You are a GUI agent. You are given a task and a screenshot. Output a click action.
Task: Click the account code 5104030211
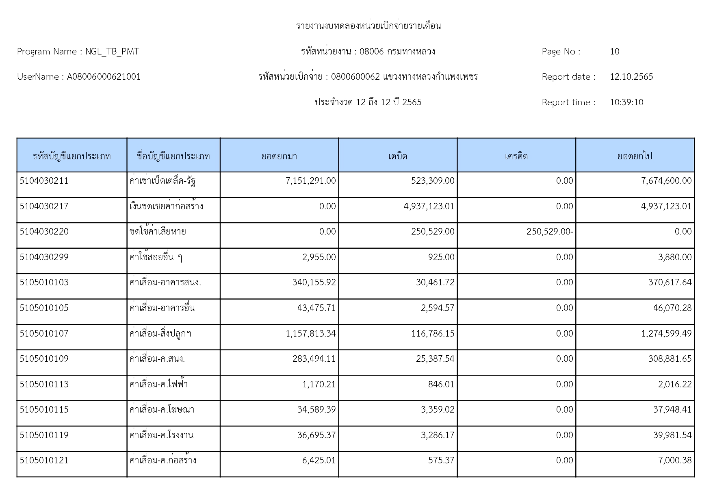point(44,181)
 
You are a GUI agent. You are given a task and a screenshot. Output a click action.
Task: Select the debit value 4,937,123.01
point(429,206)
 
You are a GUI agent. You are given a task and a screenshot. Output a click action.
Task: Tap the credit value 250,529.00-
point(549,232)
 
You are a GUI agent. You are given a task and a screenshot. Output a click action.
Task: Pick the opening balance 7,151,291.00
point(310,181)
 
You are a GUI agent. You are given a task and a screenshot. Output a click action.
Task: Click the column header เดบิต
point(397,156)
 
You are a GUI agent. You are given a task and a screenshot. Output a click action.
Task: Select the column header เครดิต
point(516,156)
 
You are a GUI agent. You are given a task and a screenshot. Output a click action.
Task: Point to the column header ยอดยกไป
point(635,156)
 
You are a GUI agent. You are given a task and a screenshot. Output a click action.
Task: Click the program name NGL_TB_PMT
point(112,52)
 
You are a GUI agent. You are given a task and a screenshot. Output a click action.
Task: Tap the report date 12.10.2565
point(631,77)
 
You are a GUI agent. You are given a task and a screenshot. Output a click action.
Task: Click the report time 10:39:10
point(626,102)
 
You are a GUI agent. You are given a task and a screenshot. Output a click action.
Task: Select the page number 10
point(614,52)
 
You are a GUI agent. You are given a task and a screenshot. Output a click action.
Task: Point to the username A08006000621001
point(104,77)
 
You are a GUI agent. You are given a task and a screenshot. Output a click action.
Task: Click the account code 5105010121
point(44,461)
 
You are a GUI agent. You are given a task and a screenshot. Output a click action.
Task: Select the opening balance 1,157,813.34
point(310,334)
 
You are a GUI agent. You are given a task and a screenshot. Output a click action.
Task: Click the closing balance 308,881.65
point(670,359)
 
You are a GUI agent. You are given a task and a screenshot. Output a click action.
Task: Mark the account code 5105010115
point(44,410)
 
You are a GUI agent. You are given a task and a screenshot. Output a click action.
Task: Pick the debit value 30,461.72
point(435,282)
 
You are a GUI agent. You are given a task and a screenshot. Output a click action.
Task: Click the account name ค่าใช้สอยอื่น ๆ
point(156,257)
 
